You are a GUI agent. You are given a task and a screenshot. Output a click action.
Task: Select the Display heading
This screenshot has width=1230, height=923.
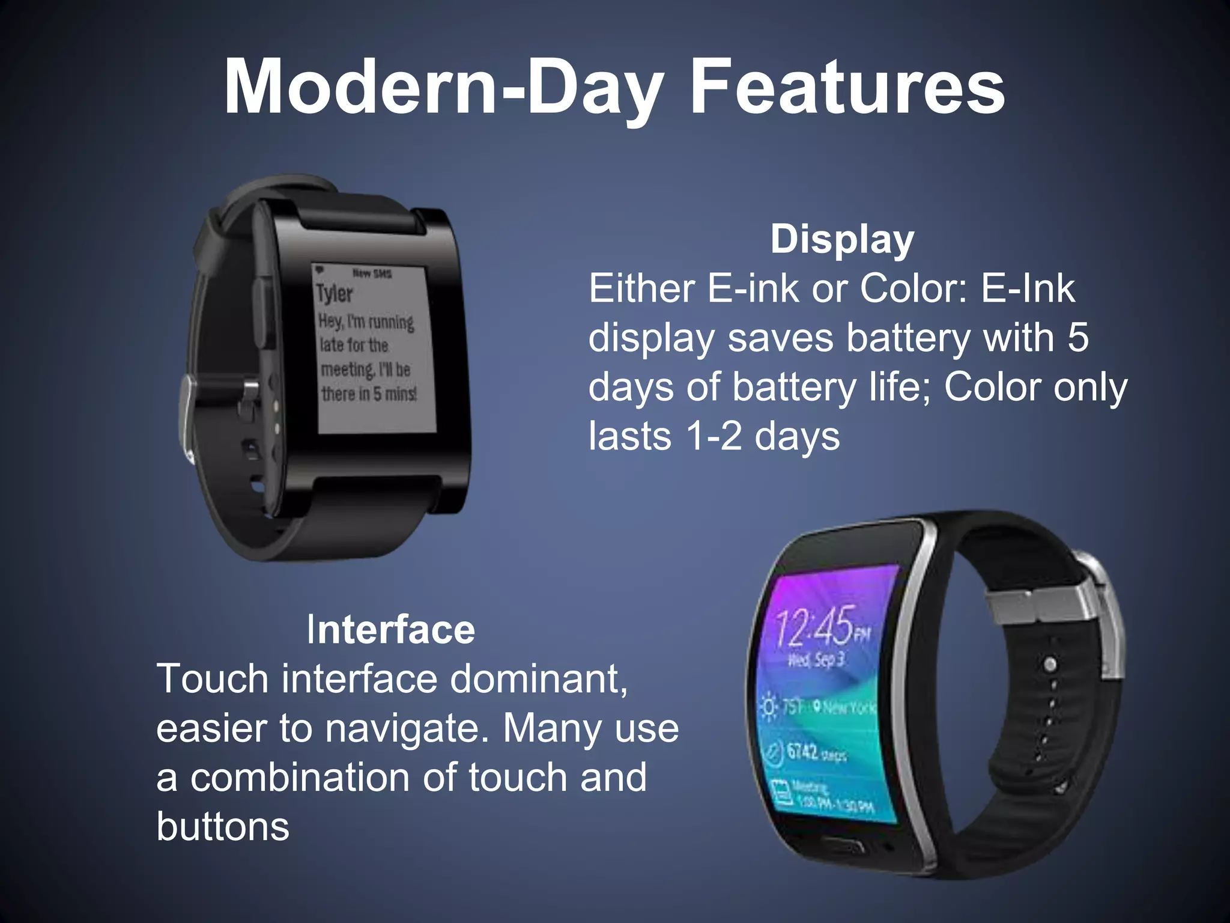842,239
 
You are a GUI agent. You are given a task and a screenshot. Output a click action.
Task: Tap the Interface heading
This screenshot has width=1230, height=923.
390,630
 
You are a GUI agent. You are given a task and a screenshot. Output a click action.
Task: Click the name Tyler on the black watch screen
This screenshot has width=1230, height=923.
335,294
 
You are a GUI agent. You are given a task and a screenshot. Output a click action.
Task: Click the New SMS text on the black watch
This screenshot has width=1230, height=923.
372,274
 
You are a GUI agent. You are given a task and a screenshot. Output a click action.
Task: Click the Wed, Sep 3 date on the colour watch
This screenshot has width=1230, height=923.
816,660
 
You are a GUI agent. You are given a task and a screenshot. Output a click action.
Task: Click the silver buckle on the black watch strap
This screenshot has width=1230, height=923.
187,418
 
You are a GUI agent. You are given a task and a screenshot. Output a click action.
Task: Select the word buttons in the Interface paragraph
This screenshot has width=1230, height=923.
223,827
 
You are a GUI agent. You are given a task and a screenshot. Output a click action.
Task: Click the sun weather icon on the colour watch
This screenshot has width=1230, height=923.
769,707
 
